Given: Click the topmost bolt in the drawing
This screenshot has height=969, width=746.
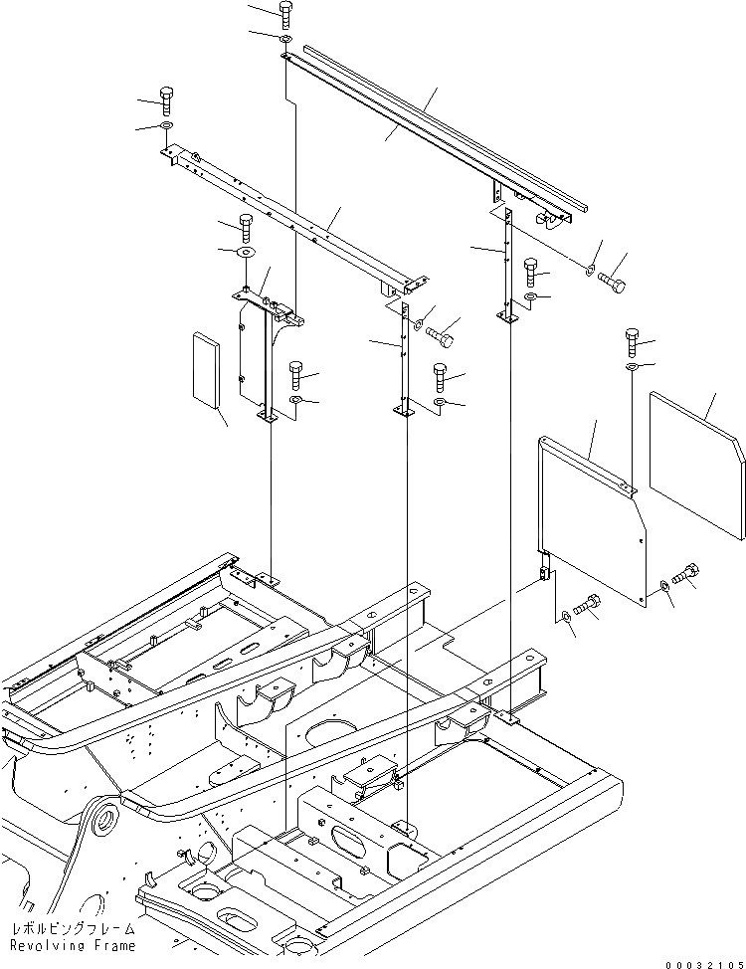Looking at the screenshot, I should coord(286,14).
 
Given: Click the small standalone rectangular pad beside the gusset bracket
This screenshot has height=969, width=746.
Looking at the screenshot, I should coord(207,371).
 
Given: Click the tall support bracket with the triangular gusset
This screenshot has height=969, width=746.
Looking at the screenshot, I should coord(265,348).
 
